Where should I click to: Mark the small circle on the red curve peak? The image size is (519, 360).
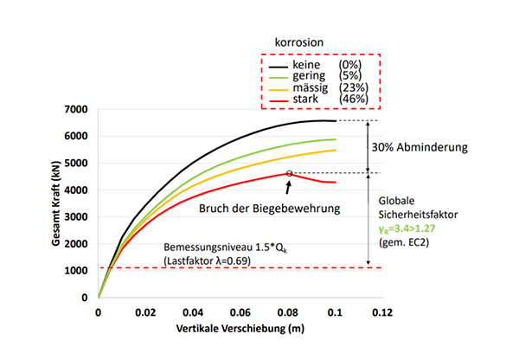point(290,173)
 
